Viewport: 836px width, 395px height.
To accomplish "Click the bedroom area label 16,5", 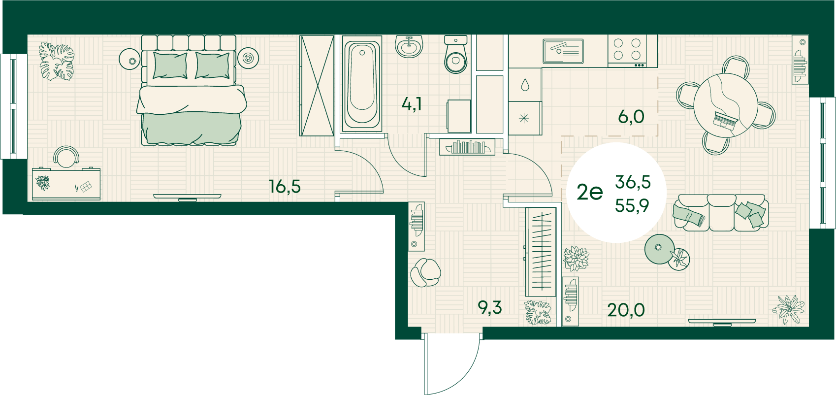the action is [285, 186].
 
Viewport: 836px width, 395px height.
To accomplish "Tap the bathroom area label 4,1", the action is [412, 103].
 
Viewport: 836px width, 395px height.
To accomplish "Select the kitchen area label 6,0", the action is [631, 117].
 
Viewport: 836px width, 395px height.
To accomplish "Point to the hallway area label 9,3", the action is [490, 308].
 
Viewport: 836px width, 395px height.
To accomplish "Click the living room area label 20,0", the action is [626, 309].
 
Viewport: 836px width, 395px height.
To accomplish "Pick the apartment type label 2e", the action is [590, 193].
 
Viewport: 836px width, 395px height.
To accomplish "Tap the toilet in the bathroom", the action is [456, 54].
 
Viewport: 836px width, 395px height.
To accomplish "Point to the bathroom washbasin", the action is [409, 46].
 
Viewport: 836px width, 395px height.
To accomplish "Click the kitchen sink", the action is [563, 51].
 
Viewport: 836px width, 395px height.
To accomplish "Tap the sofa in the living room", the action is [721, 212].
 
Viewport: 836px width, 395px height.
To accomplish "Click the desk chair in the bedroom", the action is [66, 157].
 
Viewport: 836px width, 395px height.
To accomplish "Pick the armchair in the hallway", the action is [425, 272].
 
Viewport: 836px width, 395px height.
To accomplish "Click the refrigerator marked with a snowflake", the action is [525, 118].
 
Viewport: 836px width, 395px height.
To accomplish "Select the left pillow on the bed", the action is [170, 66].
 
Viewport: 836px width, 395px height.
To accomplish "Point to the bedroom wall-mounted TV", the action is [188, 197].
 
